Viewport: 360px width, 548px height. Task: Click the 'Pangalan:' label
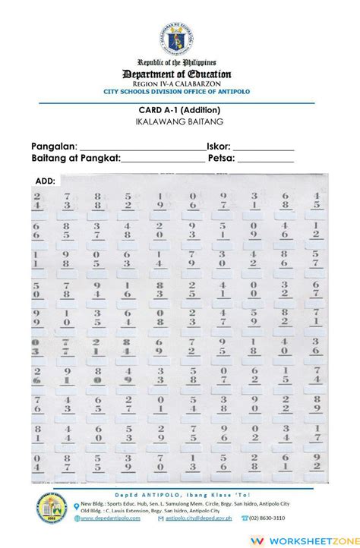point(53,146)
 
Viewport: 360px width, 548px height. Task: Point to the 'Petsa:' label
point(220,159)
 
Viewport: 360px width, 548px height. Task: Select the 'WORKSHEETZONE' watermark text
point(320,536)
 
